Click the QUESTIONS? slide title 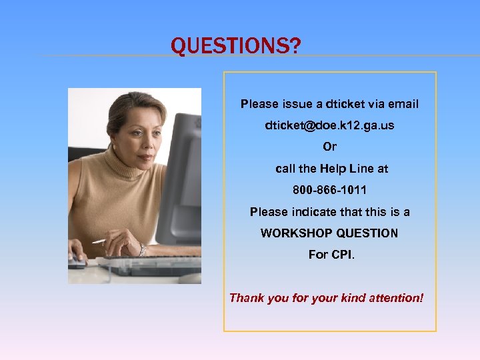coord(236,46)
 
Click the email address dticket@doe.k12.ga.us coord(329,125)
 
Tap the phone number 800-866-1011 coord(329,190)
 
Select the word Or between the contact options coord(329,147)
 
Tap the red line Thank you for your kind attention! coord(326,298)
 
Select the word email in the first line coord(403,104)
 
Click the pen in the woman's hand coord(99,241)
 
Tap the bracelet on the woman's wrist coord(142,250)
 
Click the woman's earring coord(114,147)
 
